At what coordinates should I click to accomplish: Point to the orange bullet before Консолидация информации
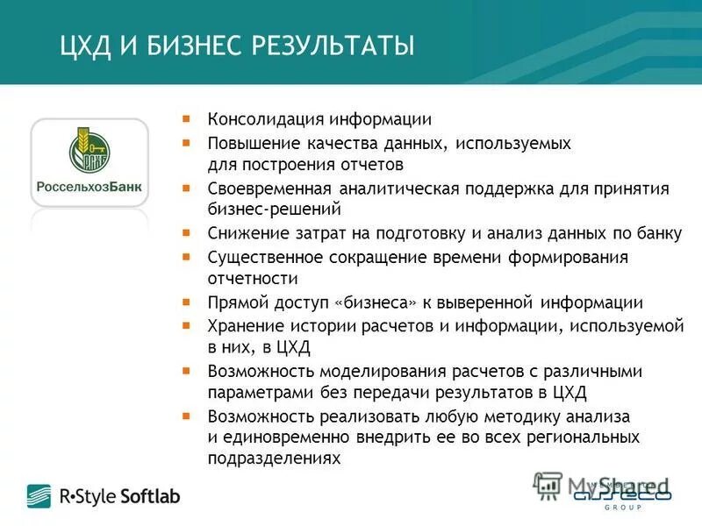(x=186, y=117)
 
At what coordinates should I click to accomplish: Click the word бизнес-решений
(x=274, y=210)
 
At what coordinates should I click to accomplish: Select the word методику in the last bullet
(x=525, y=416)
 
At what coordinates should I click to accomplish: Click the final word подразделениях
(x=273, y=458)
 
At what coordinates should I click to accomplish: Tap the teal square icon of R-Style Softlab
(x=39, y=496)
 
